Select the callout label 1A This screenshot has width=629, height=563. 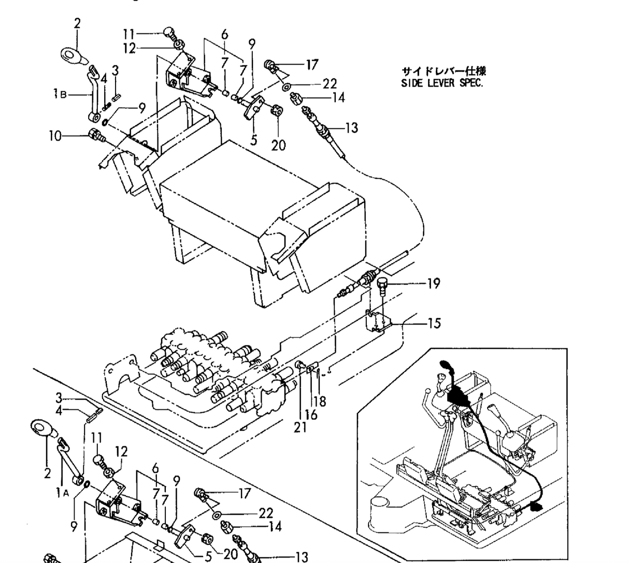pos(62,494)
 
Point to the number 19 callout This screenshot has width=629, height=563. pos(433,283)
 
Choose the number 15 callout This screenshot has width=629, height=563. pos(434,323)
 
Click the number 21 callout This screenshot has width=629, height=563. pos(301,427)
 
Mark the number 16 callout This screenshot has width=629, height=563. pos(311,415)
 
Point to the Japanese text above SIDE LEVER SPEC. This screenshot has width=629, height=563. pos(444,72)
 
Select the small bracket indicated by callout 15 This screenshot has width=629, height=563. pos(378,322)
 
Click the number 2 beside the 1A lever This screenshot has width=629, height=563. pos(48,473)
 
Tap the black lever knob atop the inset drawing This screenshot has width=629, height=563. pos(446,366)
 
